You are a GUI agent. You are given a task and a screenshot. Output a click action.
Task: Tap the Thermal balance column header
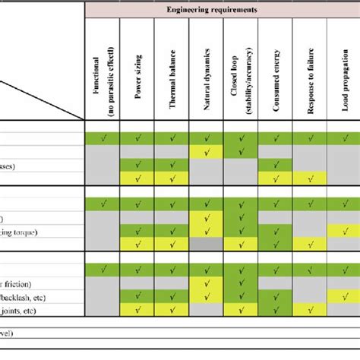(174, 75)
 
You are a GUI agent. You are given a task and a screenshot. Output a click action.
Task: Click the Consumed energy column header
(277, 75)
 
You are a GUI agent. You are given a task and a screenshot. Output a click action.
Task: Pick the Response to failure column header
(311, 75)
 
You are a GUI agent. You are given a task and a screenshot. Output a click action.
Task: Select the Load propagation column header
(344, 75)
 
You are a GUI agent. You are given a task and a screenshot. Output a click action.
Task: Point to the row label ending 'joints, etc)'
(30, 310)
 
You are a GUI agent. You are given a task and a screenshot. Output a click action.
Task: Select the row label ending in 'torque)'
(30, 231)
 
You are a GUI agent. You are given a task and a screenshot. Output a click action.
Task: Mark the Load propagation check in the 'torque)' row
(344, 231)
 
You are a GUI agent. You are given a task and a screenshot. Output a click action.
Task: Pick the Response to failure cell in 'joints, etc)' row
(311, 310)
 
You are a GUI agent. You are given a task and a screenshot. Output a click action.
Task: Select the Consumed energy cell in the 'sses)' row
(277, 165)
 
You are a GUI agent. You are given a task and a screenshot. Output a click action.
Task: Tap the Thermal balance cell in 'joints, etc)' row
(174, 310)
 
